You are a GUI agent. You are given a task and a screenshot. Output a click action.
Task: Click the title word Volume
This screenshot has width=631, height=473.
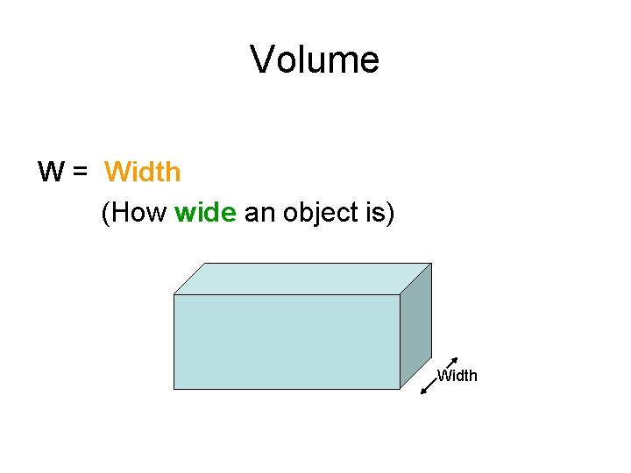pos(315,60)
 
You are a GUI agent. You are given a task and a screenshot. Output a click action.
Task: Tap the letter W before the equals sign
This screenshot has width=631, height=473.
pos(50,172)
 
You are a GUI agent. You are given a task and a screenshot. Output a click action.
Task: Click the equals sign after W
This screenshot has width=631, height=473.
pos(80,173)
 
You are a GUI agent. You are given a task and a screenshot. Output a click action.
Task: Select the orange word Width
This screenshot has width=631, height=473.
pos(143,172)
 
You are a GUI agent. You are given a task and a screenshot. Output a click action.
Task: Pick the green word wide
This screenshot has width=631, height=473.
pos(206,213)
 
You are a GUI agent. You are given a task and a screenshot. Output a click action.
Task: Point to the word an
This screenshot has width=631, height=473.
pos(259,213)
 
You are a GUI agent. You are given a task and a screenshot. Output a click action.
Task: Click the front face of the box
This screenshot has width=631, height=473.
pos(287,342)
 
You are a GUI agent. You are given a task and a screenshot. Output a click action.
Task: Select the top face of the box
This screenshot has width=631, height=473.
pos(302,279)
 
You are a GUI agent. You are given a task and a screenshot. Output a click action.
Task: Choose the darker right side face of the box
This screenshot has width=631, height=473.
pos(415,325)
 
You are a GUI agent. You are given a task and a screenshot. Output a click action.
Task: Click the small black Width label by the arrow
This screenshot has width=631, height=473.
pos(457,376)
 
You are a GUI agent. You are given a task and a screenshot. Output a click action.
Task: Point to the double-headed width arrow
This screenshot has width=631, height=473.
pos(439,376)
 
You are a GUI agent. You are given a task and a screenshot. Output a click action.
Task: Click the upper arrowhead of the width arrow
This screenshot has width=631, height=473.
pos(455,360)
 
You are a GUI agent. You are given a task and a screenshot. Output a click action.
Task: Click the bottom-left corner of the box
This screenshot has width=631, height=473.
pos(174,389)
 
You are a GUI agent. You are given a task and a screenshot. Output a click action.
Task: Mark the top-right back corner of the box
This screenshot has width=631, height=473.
pos(431,263)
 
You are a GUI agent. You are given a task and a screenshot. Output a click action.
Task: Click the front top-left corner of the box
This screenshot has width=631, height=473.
pos(174,295)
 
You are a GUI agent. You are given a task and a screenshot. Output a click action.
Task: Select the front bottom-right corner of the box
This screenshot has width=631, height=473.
pos(400,389)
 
